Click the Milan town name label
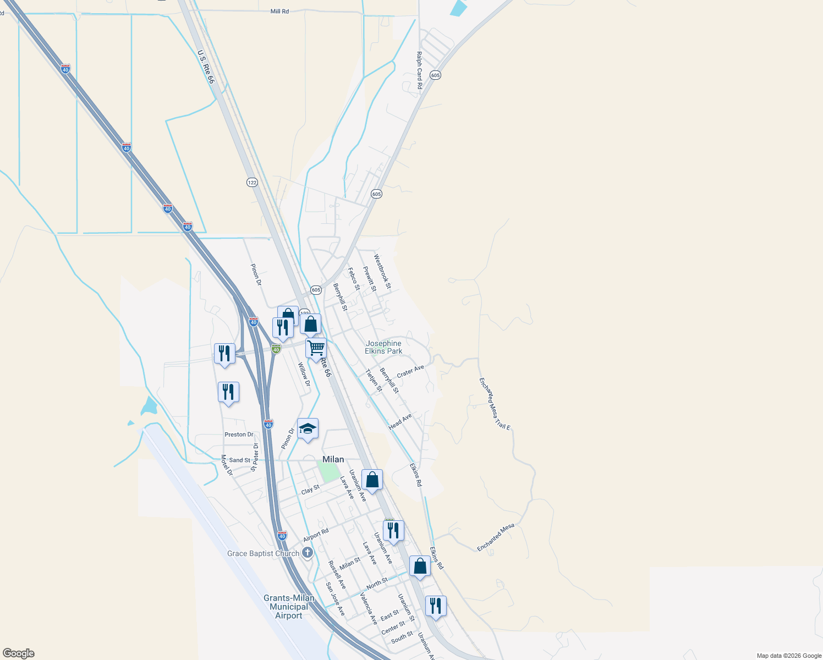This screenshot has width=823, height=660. point(333,459)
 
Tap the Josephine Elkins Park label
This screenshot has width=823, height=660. point(384,347)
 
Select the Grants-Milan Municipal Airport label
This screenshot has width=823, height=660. point(289,607)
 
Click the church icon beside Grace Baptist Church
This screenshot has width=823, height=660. point(308,553)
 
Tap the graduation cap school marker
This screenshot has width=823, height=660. point(308,429)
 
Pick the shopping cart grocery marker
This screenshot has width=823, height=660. point(316,348)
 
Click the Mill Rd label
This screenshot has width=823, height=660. point(279,12)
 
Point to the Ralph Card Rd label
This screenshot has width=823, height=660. point(419,70)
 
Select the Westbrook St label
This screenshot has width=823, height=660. point(382,271)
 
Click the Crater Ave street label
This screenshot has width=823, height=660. point(410,372)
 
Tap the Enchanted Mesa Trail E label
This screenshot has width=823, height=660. point(495,403)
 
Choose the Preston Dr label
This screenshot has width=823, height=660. point(239,435)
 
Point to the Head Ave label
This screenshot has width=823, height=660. point(400,422)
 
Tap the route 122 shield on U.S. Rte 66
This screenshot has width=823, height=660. point(252,183)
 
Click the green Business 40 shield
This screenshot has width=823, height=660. point(276,349)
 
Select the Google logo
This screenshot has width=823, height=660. point(18,653)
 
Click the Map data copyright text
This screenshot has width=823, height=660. point(789,656)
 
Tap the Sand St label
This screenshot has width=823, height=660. point(239,460)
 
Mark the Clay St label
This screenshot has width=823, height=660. point(310,490)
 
